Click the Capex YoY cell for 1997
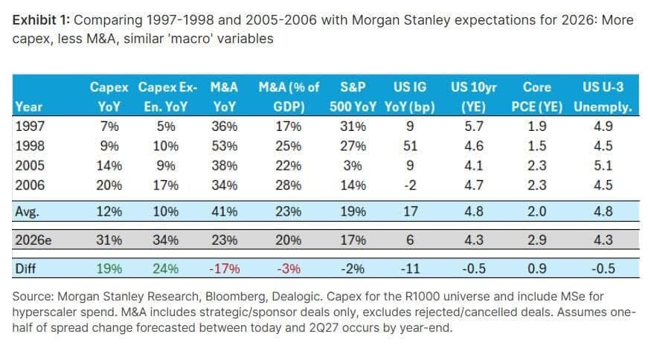109,126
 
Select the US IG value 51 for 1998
410,146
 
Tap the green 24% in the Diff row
165,269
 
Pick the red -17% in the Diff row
225,269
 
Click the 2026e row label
33,240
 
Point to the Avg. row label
28,212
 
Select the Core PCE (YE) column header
537,97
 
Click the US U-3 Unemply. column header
603,97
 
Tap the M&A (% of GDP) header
289,97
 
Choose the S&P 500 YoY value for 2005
353,166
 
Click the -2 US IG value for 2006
410,185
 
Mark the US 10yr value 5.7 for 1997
474,126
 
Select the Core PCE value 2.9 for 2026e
537,240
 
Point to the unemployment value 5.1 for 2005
603,166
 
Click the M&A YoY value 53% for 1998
225,146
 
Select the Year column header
29,106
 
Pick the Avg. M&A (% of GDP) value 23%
289,212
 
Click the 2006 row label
30,185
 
